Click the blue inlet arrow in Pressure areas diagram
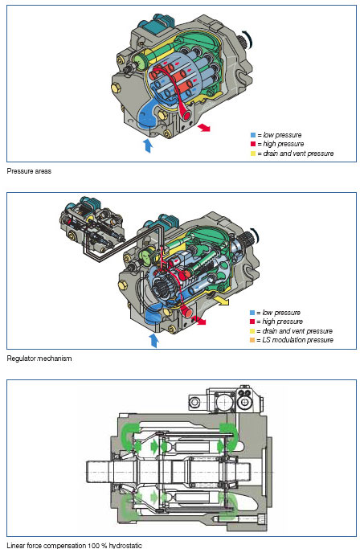pos(149,145)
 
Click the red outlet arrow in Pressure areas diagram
pos(204,128)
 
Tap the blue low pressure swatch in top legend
pos(253,135)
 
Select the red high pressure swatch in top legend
pos(253,144)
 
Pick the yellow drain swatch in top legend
pos(253,154)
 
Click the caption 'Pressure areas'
pos(29,171)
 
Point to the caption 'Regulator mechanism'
pos(39,358)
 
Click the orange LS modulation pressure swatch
pos(252,340)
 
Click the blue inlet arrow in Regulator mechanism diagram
pos(153,340)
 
